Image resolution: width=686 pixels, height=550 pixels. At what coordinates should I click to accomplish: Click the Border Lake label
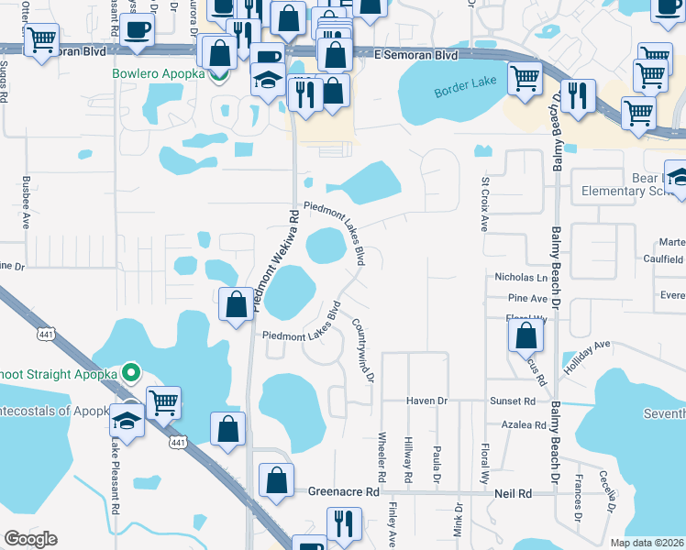[464, 94]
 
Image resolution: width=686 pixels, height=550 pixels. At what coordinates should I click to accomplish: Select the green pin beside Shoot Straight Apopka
[130, 372]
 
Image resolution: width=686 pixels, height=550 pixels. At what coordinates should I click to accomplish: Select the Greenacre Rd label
[344, 492]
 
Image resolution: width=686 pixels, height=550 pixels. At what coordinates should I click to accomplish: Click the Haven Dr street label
[427, 401]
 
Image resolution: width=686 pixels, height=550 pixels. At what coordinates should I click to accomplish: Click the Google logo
[31, 539]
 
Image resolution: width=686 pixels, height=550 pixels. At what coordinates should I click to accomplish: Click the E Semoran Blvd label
[416, 55]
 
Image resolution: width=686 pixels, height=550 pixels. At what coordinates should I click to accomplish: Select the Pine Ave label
[527, 299]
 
